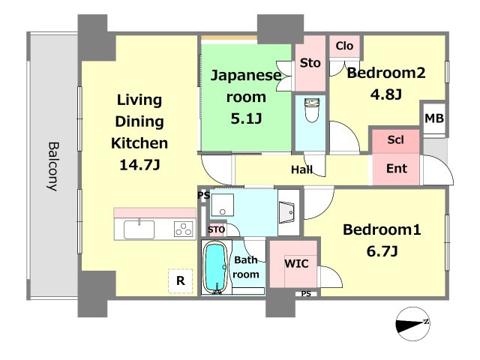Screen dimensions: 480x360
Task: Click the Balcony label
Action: pyautogui.click(x=53, y=166)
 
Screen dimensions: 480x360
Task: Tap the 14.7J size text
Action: pyautogui.click(x=139, y=165)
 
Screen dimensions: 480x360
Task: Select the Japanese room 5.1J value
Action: pyautogui.click(x=246, y=118)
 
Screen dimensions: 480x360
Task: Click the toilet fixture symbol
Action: pyautogui.click(x=312, y=110)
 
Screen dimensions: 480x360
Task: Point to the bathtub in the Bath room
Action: pyautogui.click(x=215, y=268)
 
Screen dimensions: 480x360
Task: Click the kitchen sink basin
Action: pyautogui.click(x=139, y=229)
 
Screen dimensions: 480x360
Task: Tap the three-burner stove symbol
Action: pyautogui.click(x=183, y=229)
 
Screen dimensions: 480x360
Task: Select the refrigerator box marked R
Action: pyautogui.click(x=180, y=280)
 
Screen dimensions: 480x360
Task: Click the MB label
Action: pyautogui.click(x=434, y=118)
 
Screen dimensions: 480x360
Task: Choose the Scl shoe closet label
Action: pyautogui.click(x=395, y=140)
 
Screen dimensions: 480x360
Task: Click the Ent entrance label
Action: pyautogui.click(x=397, y=168)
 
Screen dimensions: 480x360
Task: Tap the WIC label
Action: pyautogui.click(x=296, y=263)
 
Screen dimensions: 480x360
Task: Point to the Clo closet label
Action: pyautogui.click(x=344, y=46)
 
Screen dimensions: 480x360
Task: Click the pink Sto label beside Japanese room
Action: pyautogui.click(x=310, y=63)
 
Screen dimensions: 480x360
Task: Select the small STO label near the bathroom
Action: pyautogui.click(x=217, y=229)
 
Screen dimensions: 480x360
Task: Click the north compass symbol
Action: pyautogui.click(x=412, y=324)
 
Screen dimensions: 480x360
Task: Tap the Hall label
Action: pyautogui.click(x=301, y=169)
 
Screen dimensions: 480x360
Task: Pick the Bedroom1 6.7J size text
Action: pyautogui.click(x=382, y=252)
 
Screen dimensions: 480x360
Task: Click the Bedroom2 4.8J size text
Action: pyautogui.click(x=386, y=94)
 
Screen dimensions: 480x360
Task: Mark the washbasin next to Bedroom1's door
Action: pyautogui.click(x=287, y=212)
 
